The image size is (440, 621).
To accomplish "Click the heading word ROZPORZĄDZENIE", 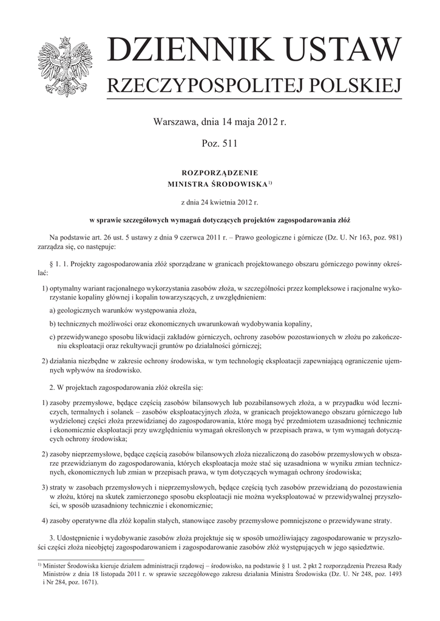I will pos(220,172).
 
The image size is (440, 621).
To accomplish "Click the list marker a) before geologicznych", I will pos(52,310).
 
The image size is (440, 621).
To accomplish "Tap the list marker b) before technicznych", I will pos(52,324).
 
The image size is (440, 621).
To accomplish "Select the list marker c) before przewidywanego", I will pos(52,337).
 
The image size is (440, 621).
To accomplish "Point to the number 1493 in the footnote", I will pos(392,573).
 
